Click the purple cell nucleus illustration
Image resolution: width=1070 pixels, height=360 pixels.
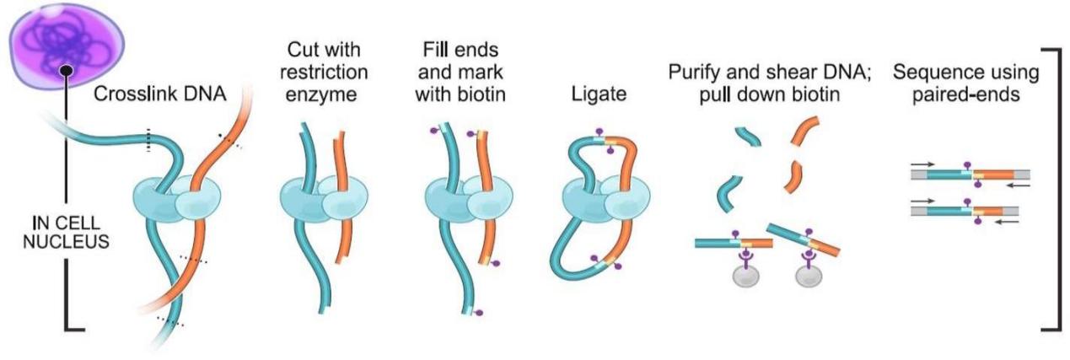pos(67,46)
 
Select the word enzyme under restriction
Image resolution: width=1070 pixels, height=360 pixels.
pos(321,95)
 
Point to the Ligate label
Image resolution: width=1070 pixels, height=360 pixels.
pos(599,94)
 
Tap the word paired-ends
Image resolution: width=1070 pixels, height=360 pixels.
pos(966,95)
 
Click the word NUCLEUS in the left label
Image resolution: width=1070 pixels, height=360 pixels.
pos(66,242)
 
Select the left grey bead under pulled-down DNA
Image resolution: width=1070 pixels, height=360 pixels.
pos(746,276)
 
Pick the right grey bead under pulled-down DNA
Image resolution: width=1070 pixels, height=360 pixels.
pos(809,276)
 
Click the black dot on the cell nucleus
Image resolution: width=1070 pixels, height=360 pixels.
pos(67,71)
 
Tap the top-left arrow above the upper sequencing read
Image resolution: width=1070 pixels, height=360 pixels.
pos(922,164)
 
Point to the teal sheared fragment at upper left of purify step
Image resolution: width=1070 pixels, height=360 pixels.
pos(748,137)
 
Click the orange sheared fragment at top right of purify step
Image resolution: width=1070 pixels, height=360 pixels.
pos(805,130)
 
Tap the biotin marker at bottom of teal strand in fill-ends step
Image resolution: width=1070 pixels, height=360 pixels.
pos(479,314)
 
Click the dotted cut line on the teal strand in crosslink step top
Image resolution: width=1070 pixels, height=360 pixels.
pos(148,140)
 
